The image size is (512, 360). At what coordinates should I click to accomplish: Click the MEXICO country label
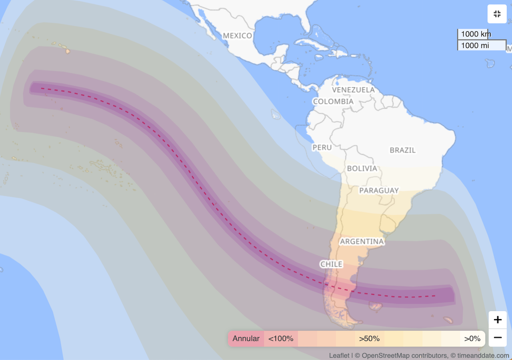click(x=238, y=36)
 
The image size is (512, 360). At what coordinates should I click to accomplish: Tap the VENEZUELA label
click(x=353, y=90)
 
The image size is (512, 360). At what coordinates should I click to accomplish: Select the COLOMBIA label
click(x=333, y=102)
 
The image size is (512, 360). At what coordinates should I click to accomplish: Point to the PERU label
click(x=322, y=148)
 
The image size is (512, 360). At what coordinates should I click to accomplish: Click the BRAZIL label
click(x=403, y=150)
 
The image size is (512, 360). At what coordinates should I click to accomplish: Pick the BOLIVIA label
click(x=362, y=168)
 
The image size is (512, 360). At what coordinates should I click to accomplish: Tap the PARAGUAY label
click(x=379, y=190)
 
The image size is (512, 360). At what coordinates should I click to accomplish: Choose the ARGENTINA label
click(x=362, y=242)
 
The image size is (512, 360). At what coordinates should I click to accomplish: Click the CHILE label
click(x=331, y=264)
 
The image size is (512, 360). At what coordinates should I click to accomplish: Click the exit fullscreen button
click(x=497, y=14)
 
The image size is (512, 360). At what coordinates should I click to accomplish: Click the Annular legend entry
click(x=246, y=339)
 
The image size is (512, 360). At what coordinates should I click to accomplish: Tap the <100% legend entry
click(x=281, y=339)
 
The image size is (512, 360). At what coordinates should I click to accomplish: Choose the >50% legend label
click(x=369, y=339)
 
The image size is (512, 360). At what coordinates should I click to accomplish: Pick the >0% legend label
click(x=472, y=339)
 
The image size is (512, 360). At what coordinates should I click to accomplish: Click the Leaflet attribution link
click(x=339, y=356)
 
